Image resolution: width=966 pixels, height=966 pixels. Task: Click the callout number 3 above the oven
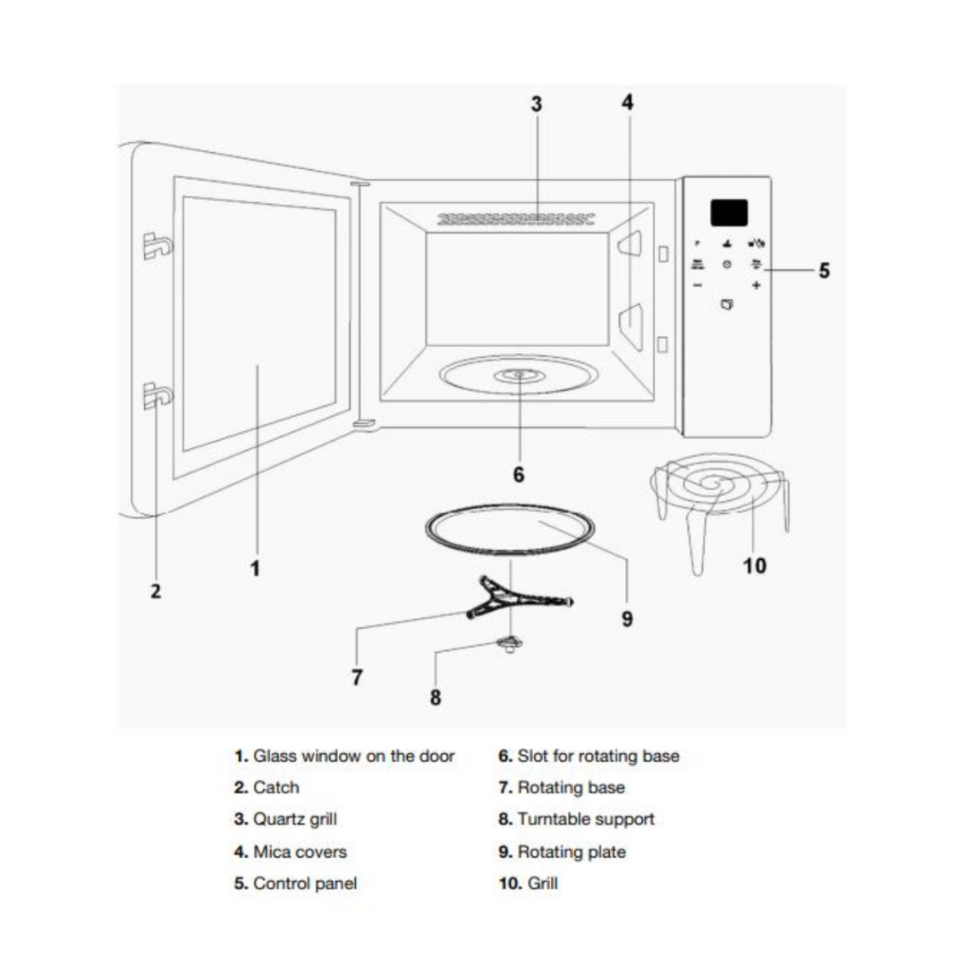pos(536,104)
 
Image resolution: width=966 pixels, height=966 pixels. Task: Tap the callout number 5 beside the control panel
pos(824,269)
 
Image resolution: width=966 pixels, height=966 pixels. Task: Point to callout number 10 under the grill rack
pos(755,565)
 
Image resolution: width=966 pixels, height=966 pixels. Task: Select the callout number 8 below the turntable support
pos(436,698)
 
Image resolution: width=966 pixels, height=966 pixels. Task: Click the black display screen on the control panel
pos(729,212)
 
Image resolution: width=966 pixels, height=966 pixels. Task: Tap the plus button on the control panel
pos(756,285)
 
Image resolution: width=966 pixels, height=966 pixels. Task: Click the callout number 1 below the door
pos(255,567)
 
